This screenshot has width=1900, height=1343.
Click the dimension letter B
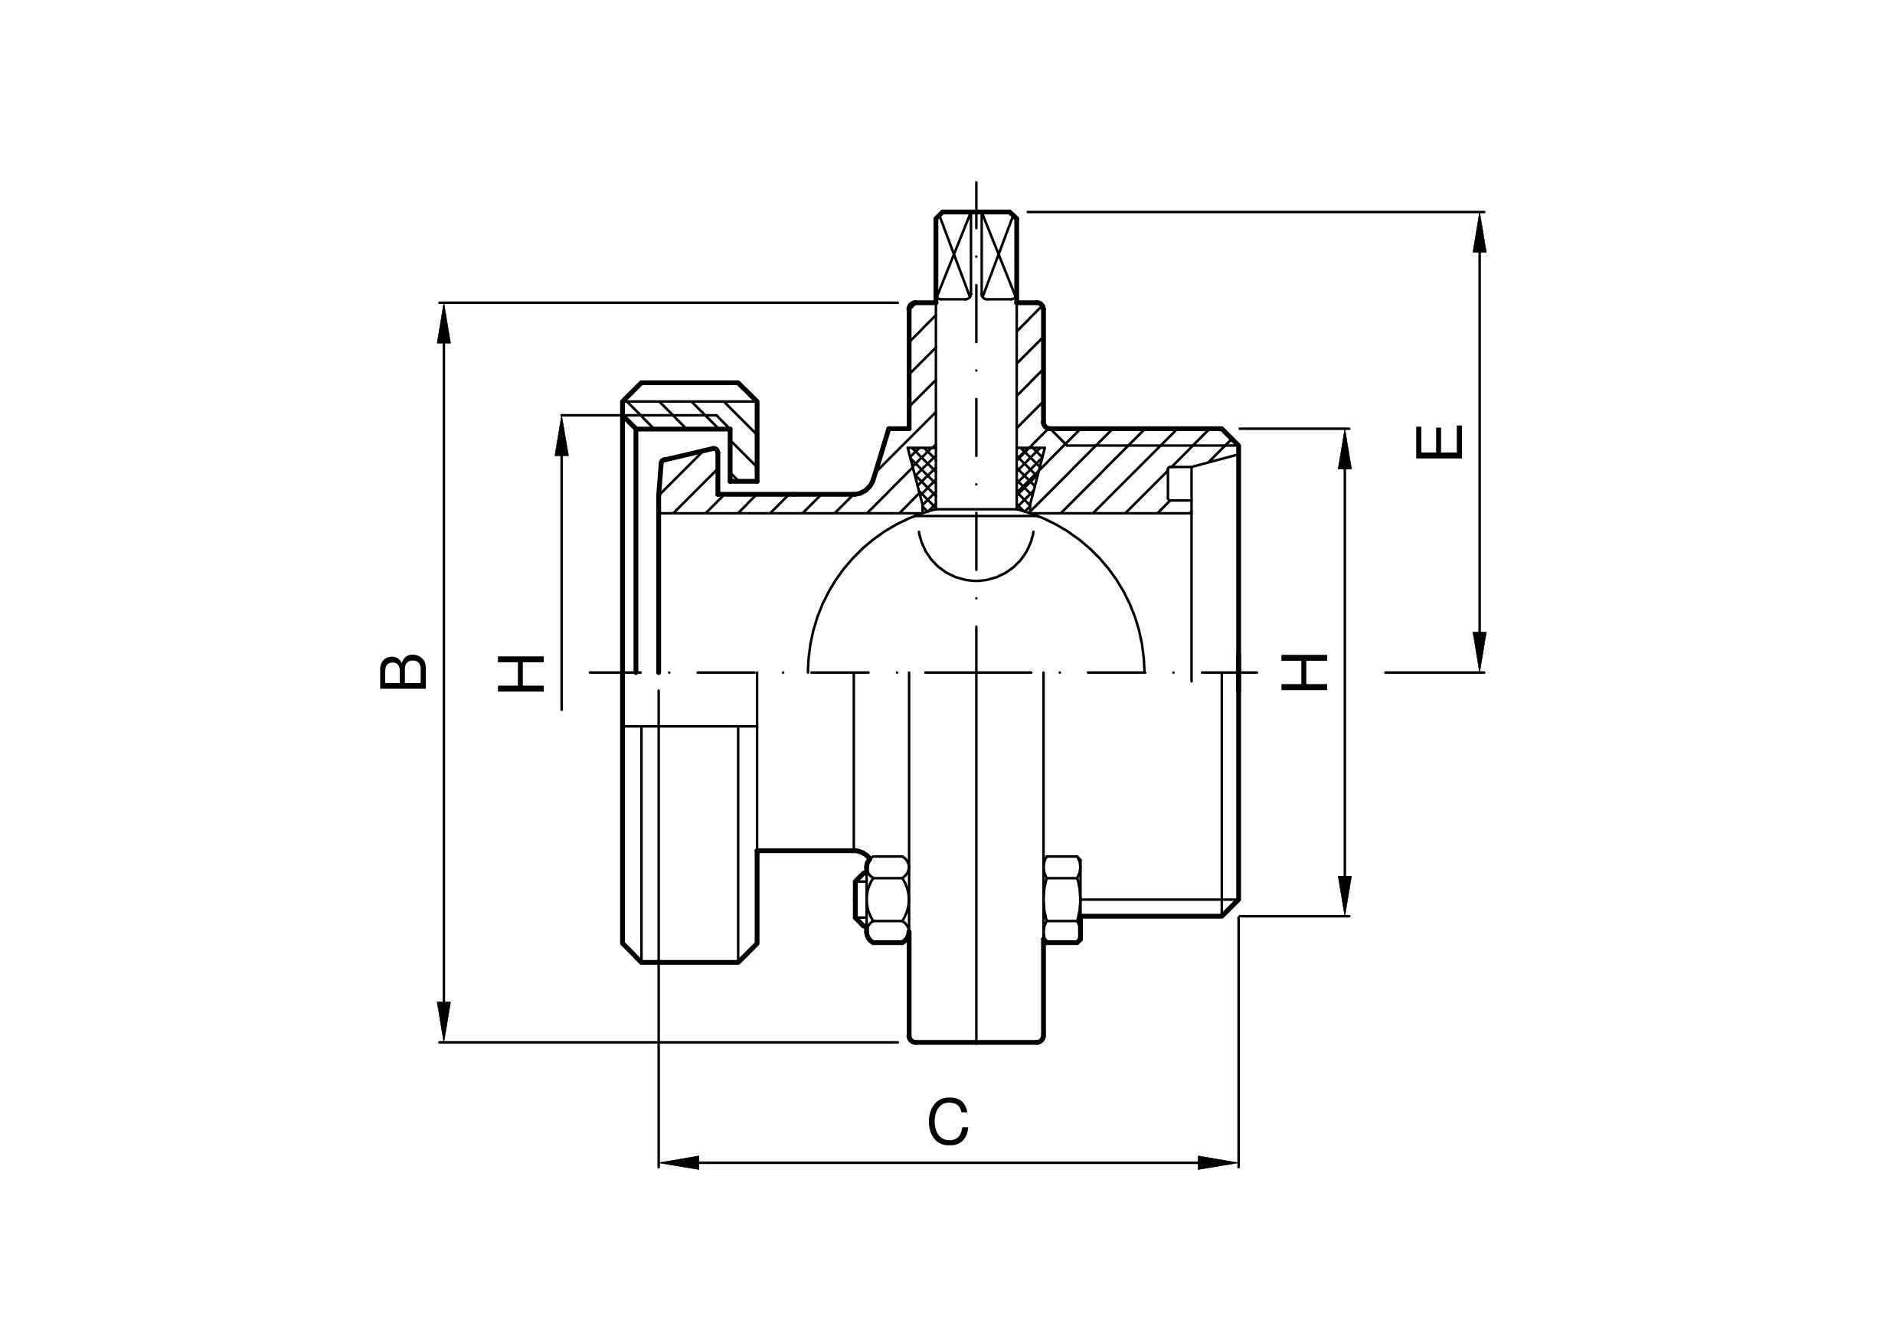[403, 672]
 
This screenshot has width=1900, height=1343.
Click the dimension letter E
[1439, 442]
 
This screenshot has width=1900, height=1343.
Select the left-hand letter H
[521, 673]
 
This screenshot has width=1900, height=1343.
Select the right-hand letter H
[1304, 672]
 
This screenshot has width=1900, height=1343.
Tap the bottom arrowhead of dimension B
[444, 1022]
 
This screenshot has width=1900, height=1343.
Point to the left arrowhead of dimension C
[679, 1162]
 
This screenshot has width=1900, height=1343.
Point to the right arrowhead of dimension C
[1218, 1162]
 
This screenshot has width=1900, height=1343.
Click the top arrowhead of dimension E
[1480, 233]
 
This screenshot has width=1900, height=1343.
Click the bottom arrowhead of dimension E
[1480, 652]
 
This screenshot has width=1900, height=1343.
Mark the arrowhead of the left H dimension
[562, 435]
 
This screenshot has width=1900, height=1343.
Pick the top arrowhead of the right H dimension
[1345, 449]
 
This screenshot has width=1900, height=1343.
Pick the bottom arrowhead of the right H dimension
[1345, 895]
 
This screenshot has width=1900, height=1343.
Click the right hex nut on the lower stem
[1062, 900]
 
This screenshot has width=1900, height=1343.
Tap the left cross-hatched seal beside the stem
[924, 479]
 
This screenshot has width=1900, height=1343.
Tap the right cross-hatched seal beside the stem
[1030, 479]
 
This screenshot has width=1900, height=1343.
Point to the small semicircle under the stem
[976, 555]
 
